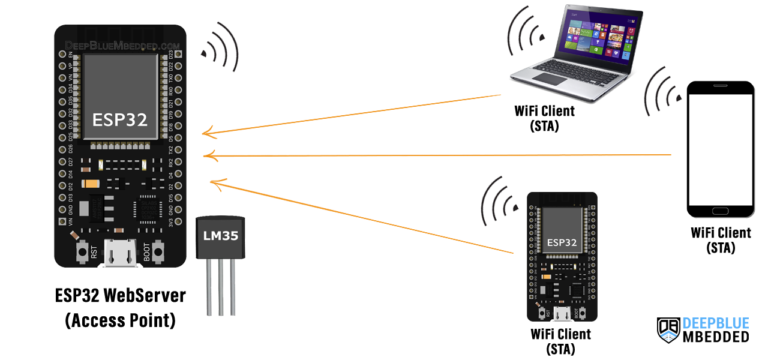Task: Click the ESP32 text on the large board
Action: pos(119,119)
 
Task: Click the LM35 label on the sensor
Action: pos(219,235)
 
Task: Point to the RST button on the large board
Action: pos(81,252)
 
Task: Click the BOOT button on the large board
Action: pos(159,252)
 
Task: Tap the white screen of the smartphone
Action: pos(720,146)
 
